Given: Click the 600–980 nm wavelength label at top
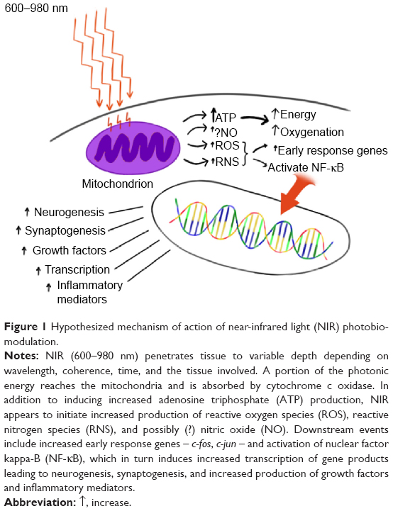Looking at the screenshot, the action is click(x=36, y=8).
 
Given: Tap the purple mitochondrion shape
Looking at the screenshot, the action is click(x=133, y=148).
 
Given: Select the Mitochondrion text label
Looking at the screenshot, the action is click(x=118, y=184).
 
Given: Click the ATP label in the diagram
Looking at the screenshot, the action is click(x=226, y=117).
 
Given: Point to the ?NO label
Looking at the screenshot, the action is click(x=226, y=133).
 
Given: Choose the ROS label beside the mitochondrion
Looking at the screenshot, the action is click(x=227, y=146).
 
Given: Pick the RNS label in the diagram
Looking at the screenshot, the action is click(x=227, y=162).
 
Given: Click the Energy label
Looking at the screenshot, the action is click(x=298, y=114).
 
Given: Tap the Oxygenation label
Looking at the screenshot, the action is click(x=312, y=132).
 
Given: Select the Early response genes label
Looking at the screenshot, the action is click(x=333, y=150).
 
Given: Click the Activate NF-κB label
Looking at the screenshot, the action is click(x=306, y=167).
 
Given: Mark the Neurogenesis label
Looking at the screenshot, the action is click(x=69, y=212).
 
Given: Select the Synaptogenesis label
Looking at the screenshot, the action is click(x=65, y=231).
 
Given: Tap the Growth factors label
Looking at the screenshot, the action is click(x=70, y=250).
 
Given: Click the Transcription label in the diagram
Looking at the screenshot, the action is click(x=77, y=269).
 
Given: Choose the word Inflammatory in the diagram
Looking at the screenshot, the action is click(x=89, y=285).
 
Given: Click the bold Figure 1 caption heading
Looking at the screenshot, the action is click(x=26, y=327).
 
